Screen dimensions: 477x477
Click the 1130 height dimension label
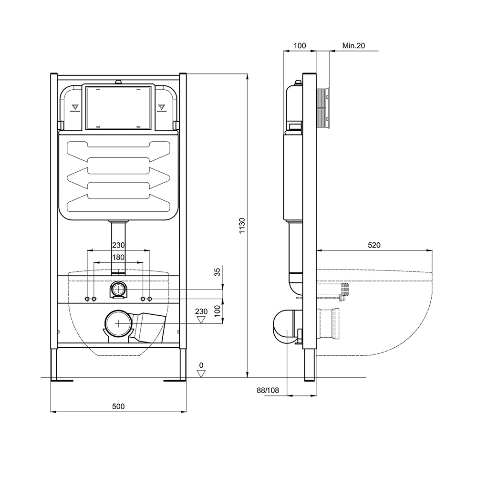point(242,225)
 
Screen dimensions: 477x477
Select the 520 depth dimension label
point(374,245)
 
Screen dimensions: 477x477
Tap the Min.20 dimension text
point(353,46)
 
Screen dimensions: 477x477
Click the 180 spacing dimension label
point(118,257)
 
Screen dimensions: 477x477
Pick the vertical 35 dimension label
point(218,272)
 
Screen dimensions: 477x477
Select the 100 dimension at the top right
point(300,46)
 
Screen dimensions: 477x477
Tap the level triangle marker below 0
point(201,373)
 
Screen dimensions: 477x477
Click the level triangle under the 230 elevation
point(201,320)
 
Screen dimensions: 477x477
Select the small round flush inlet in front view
point(119,290)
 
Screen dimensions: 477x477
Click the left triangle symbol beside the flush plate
point(74,107)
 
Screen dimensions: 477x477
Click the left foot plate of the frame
point(62,380)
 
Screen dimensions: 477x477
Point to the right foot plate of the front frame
point(175,380)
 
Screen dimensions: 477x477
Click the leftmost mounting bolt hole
point(87,299)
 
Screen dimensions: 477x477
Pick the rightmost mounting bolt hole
point(150,299)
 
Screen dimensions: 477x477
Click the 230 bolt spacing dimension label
point(118,245)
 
